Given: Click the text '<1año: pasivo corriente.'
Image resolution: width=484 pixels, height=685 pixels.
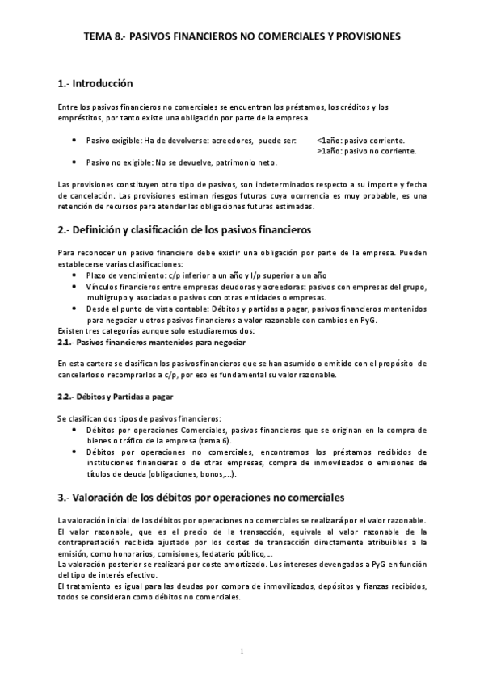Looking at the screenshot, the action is (x=361, y=139).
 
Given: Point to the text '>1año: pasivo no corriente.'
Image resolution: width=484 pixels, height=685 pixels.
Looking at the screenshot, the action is (x=367, y=150).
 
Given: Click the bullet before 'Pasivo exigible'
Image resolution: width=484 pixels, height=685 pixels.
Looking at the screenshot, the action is (x=74, y=139).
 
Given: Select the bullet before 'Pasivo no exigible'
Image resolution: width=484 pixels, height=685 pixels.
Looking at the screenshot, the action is (x=74, y=162).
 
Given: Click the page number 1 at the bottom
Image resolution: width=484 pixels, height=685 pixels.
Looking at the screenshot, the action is (x=242, y=652).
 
